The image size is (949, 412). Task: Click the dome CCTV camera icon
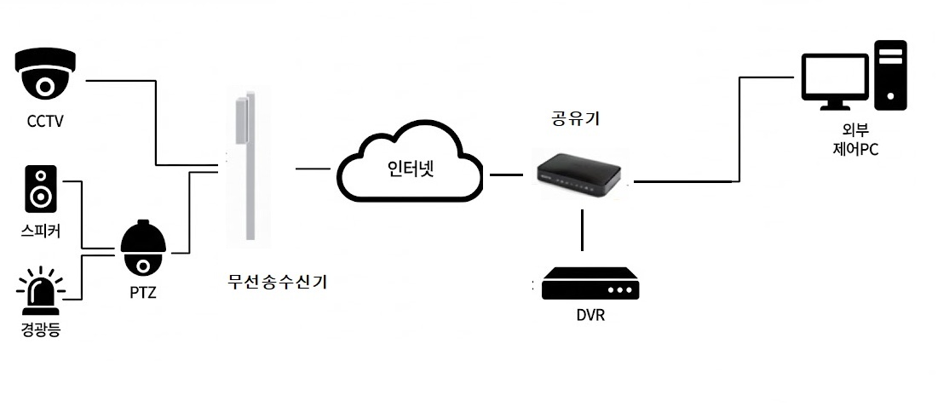tap(46, 75)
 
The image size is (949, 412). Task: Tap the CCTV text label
tap(45, 121)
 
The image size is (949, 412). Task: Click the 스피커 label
tap(41, 231)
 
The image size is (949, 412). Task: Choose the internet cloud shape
tap(408, 167)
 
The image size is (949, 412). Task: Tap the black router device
tap(579, 174)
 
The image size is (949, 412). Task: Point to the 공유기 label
tap(577, 120)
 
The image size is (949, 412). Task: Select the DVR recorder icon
tap(590, 284)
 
